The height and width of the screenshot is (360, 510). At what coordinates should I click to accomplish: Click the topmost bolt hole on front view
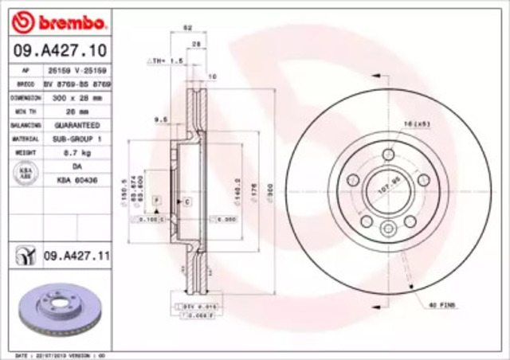[x=388, y=154]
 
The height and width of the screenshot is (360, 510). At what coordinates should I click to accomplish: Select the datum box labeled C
[x=186, y=202]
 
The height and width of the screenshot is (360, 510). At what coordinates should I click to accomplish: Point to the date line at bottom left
[x=56, y=354]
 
